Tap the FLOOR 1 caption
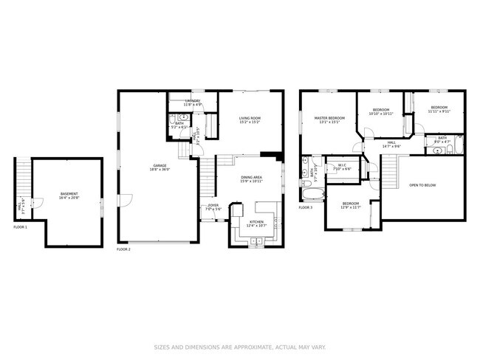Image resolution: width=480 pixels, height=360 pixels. [20, 227]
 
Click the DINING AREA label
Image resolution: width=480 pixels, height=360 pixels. [252, 177]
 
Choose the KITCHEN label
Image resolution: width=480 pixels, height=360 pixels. [256, 221]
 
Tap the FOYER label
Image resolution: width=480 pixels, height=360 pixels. [213, 206]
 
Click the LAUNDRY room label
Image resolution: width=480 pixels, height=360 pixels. [193, 101]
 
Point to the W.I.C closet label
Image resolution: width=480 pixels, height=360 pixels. [342, 165]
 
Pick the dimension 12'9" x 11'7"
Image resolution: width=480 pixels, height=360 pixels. [350, 207]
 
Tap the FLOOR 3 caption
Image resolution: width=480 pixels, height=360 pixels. [306, 207]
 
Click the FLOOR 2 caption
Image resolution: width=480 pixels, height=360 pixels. [123, 249]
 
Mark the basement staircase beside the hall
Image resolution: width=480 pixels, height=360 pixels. [23, 177]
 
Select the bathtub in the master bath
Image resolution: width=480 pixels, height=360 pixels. [313, 195]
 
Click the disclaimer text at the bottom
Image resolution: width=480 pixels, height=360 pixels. [240, 347]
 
